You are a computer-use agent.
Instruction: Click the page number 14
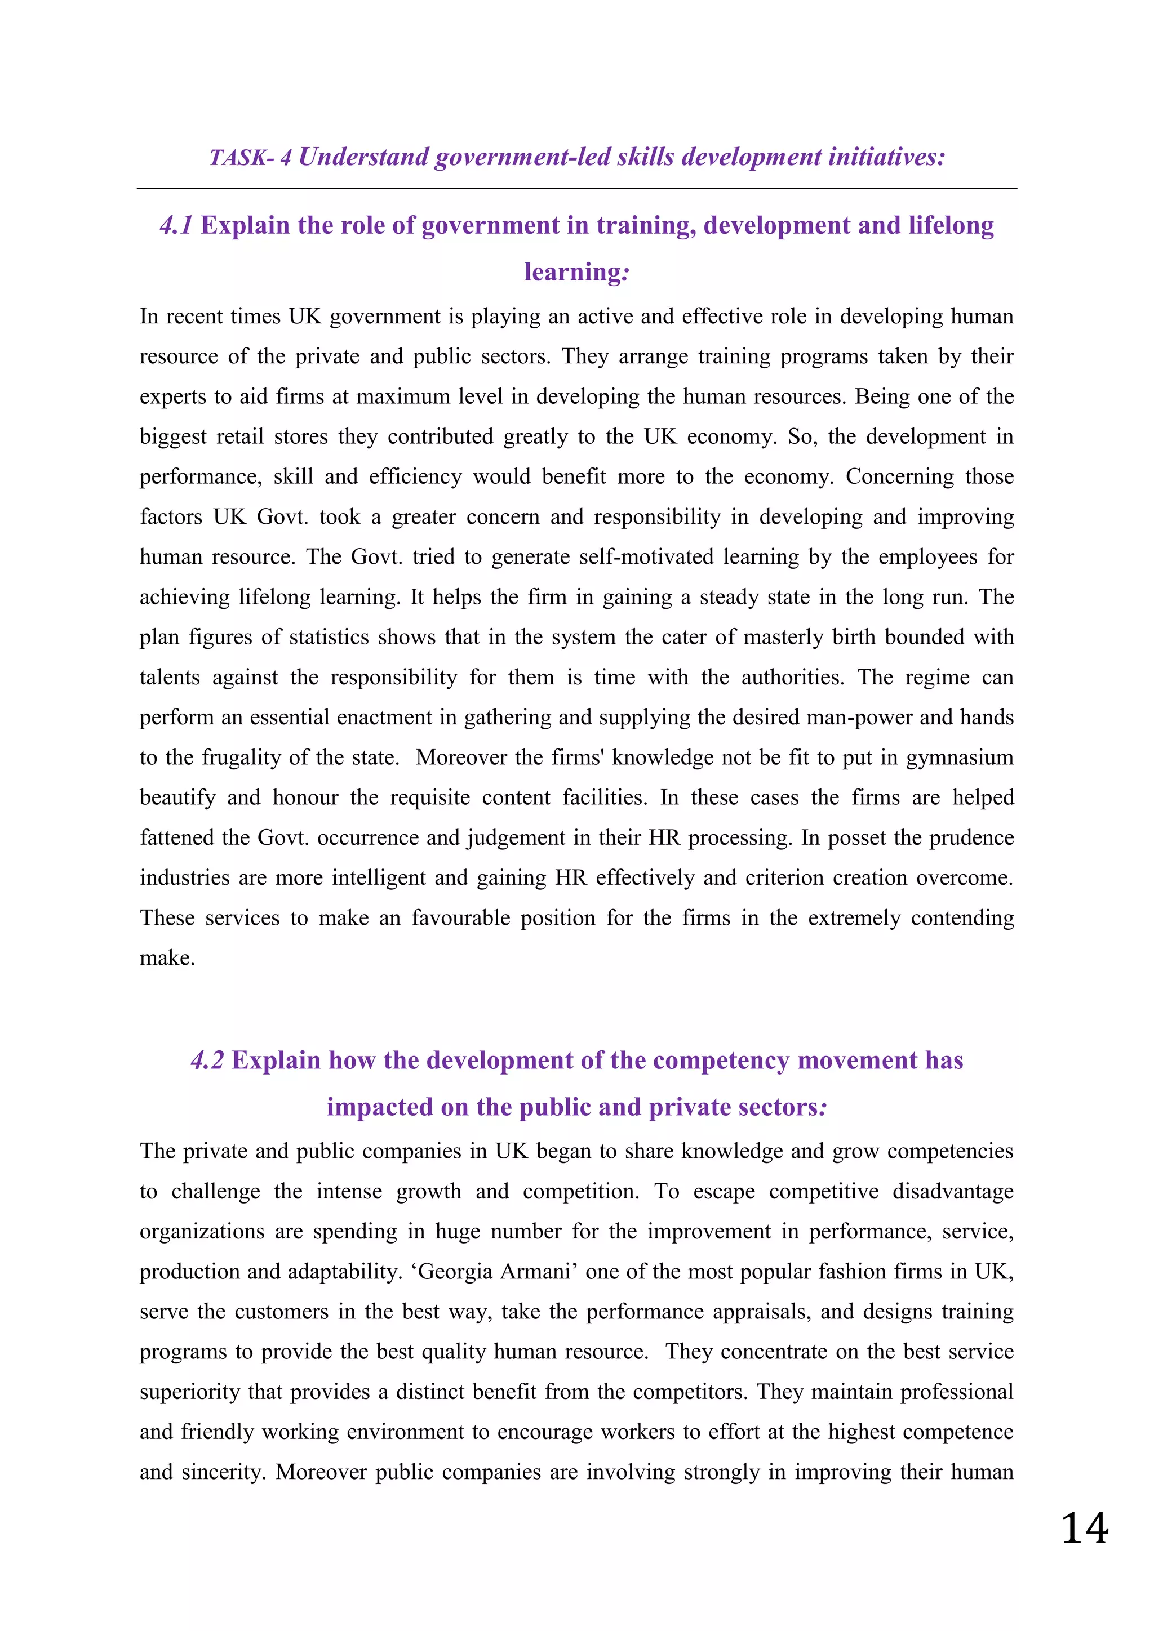coord(1084,1528)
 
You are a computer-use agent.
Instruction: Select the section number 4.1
coord(176,225)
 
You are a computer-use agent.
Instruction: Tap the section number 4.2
coord(207,1060)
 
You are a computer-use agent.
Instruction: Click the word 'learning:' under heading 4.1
coord(576,272)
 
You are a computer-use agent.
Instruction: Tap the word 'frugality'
coord(242,757)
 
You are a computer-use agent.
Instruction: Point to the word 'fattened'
coord(175,837)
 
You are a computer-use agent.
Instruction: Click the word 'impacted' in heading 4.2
coord(379,1107)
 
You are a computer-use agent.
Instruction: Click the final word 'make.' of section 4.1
coord(167,959)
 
